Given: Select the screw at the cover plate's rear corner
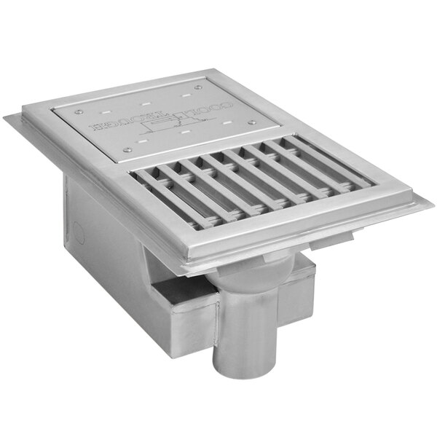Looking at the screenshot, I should (x=198, y=86).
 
